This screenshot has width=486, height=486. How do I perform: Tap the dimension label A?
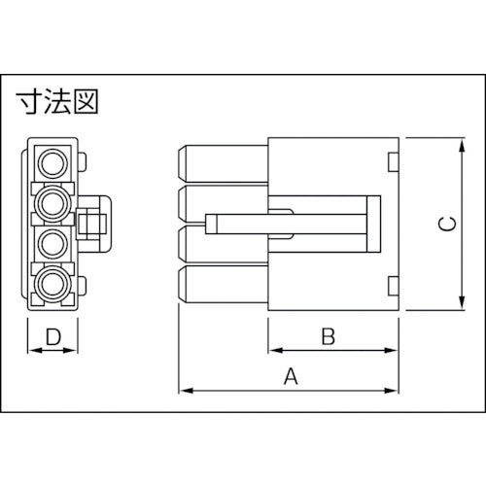tap(289, 376)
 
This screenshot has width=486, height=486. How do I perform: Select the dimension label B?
tap(329, 337)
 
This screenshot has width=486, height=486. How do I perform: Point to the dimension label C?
tap(443, 225)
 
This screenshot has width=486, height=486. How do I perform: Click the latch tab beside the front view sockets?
tap(94, 223)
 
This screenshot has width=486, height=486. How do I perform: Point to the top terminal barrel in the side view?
tap(222, 161)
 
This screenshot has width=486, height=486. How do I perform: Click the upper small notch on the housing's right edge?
tap(393, 161)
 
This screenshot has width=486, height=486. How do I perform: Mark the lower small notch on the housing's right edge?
tap(393, 286)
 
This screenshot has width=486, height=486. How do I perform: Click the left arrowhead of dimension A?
tap(184, 391)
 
